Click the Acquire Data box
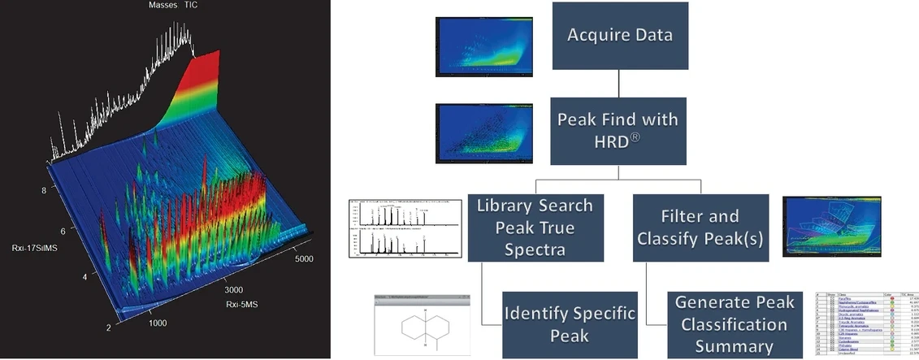619,37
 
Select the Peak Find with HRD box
618,129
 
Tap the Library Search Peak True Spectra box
534,227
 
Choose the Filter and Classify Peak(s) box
700,228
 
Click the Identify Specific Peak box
569,324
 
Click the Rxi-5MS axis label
244,305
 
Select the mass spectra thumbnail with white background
400,227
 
